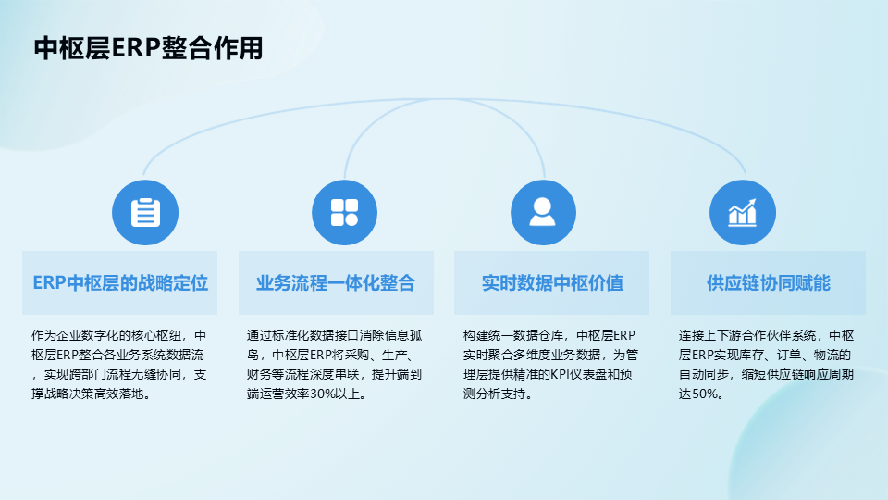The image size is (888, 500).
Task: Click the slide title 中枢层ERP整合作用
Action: click(148, 47)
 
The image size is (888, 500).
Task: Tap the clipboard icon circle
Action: click(145, 213)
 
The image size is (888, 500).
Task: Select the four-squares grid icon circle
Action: click(344, 213)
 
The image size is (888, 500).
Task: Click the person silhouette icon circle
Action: click(543, 213)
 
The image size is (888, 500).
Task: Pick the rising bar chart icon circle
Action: click(743, 213)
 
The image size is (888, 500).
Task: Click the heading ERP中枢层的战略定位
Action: click(120, 283)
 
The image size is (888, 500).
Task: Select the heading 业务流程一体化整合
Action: click(336, 283)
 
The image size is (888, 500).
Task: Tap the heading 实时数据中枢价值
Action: click(552, 283)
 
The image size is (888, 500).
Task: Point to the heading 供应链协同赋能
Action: click(769, 283)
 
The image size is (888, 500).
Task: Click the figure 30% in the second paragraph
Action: click(323, 394)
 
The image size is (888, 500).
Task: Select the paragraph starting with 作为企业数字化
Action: click(119, 365)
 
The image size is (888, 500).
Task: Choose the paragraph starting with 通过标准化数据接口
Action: click(335, 365)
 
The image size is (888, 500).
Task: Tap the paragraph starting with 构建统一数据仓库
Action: click(551, 365)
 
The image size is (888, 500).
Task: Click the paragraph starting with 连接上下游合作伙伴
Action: click(766, 365)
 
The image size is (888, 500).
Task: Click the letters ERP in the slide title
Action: click(136, 47)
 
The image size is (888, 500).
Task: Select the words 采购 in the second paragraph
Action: click(356, 355)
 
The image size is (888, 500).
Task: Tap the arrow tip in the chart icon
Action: click(755, 200)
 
